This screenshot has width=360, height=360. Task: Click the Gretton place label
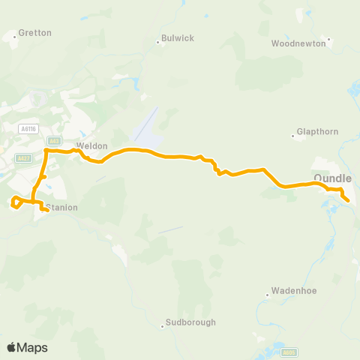34,33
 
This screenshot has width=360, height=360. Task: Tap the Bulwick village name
178,38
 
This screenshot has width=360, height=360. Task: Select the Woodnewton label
298,43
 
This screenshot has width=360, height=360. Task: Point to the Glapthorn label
319,131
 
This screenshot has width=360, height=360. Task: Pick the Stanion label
61,207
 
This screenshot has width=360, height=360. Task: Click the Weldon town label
92,145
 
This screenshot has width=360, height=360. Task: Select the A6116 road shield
29,129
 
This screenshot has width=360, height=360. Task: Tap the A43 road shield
53,140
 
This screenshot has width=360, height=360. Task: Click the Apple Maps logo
27,347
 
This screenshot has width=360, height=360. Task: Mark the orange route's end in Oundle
348,200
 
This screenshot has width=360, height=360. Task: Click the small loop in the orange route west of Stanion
16,202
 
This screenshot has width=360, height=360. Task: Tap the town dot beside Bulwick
157,42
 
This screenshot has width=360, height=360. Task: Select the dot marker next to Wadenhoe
267,295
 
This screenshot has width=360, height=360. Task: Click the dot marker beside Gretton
14,36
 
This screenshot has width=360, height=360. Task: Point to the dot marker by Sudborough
161,326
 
